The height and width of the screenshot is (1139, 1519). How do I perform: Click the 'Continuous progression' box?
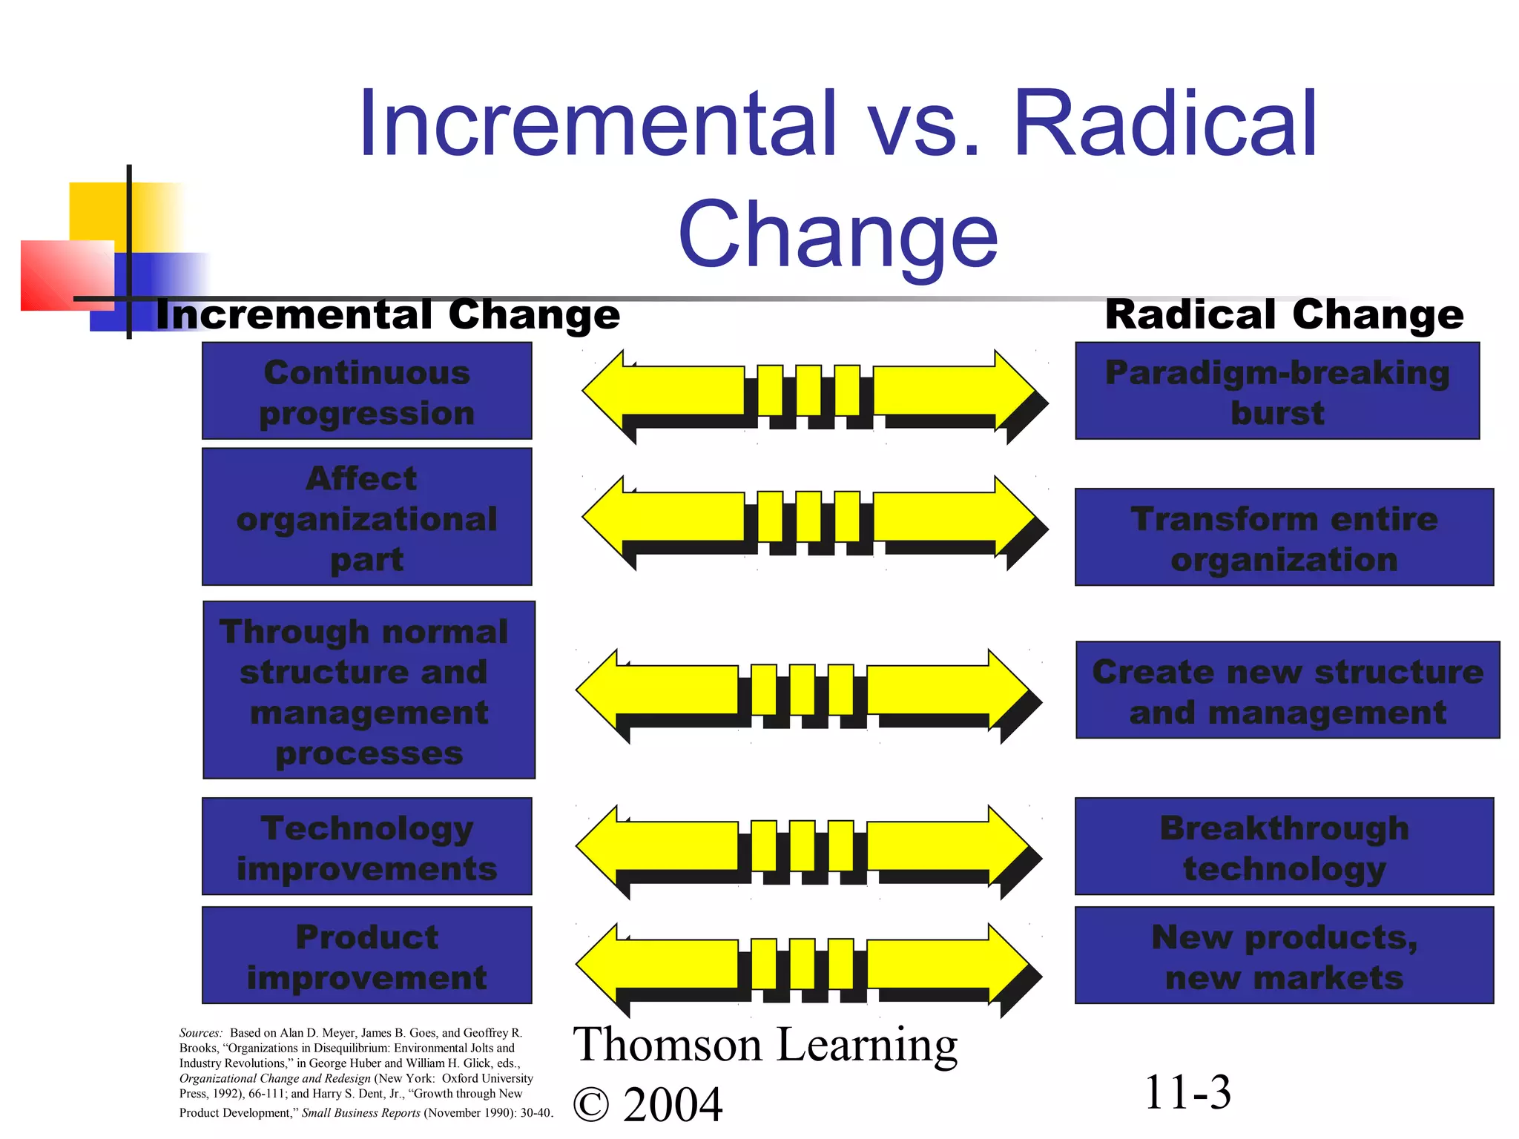click(x=366, y=391)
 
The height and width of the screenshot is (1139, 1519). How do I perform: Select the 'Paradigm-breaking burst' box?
click(x=1276, y=391)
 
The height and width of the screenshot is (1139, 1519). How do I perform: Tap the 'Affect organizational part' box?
click(x=366, y=517)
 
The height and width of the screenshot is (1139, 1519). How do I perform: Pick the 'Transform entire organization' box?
click(x=1284, y=537)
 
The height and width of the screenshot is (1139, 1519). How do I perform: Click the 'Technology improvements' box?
click(x=366, y=846)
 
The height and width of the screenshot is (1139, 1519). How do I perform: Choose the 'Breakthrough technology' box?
click(x=1284, y=846)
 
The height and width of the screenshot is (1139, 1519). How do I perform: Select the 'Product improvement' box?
click(x=366, y=955)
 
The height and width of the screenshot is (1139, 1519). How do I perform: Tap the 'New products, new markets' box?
click(x=1284, y=955)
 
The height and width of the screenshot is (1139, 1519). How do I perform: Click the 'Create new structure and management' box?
click(x=1288, y=690)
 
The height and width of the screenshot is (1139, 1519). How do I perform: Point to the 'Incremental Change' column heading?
click(x=388, y=314)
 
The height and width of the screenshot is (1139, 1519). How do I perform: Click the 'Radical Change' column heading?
click(x=1284, y=314)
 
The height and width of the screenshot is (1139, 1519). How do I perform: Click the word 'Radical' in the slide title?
click(x=1164, y=125)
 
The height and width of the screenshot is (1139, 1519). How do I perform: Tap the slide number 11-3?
click(x=1187, y=1092)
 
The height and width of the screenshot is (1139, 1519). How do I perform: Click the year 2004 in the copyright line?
click(x=673, y=1105)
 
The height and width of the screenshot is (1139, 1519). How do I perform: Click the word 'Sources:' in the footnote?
click(x=200, y=1033)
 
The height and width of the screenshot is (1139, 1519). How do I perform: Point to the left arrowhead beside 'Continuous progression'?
click(x=604, y=391)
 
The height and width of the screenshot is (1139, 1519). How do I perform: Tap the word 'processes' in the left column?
click(x=369, y=753)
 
